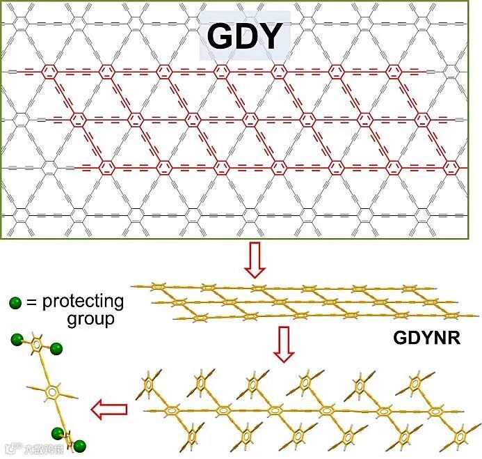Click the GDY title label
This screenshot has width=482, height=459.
(x=244, y=36)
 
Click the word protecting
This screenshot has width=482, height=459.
(x=83, y=302)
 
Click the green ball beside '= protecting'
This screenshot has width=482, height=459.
(x=15, y=303)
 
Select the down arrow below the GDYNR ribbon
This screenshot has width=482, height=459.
(x=283, y=344)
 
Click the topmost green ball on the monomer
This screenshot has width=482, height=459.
(x=15, y=340)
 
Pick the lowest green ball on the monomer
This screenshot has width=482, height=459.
(x=80, y=445)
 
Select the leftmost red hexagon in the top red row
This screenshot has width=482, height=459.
(x=49, y=71)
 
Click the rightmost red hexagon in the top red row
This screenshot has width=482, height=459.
(x=394, y=71)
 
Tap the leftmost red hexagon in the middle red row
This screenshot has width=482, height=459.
(x=78, y=119)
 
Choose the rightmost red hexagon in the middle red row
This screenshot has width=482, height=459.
(x=422, y=119)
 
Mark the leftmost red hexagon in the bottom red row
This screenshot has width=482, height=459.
(x=106, y=167)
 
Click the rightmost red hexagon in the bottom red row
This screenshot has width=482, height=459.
(x=451, y=167)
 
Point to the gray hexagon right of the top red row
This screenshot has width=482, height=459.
(x=451, y=71)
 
